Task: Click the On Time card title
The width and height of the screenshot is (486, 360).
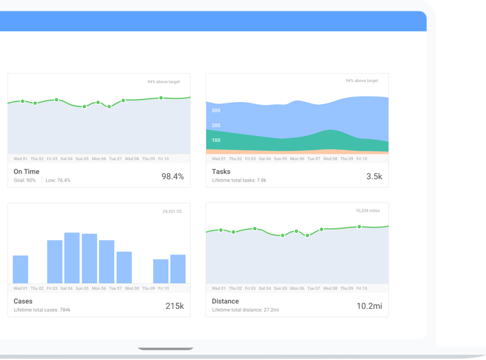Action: coord(26,171)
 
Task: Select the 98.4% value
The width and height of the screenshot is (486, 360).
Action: coord(173,177)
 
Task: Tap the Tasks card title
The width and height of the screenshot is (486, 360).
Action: coord(221,171)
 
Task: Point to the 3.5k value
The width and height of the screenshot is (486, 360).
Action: coord(374,177)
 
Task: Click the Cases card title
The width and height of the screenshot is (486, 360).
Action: coord(23,301)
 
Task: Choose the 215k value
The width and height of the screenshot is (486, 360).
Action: coord(175,306)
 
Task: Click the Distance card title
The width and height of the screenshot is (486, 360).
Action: coord(226,301)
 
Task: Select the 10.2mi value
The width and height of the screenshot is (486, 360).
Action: coord(369,306)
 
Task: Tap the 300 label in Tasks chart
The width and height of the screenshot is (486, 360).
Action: coord(216,110)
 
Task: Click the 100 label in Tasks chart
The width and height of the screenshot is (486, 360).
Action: coord(216,141)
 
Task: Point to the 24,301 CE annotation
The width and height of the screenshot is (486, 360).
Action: coord(172,211)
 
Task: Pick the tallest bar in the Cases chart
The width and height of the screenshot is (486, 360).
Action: coord(72,258)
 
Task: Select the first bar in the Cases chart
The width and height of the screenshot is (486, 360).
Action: coord(21,269)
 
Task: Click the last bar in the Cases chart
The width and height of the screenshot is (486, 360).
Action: coord(178,269)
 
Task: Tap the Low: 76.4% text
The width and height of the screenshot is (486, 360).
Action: coord(58,180)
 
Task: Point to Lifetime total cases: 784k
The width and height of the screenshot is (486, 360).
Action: coord(42,310)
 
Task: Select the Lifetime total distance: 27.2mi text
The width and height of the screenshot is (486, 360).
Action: coord(245,310)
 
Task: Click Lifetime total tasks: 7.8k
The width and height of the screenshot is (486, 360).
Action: coord(239,180)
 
